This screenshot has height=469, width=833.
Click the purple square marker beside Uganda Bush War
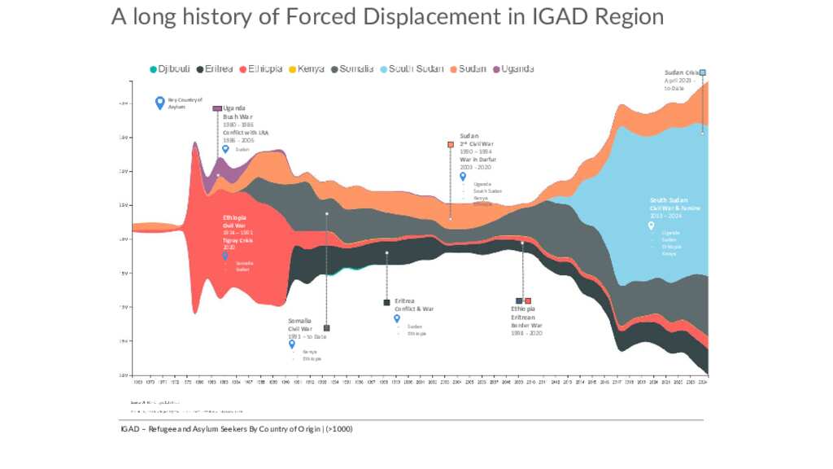(x=217, y=108)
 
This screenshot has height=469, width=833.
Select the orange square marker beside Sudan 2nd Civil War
(x=451, y=144)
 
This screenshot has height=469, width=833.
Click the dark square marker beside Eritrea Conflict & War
(x=386, y=303)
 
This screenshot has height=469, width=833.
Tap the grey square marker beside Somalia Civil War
(x=326, y=328)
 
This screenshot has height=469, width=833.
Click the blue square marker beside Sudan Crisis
(x=703, y=72)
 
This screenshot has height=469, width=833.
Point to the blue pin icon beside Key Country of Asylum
(x=159, y=103)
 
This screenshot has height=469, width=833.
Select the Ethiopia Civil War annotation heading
(x=235, y=221)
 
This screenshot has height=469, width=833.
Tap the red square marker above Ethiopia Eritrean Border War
(x=528, y=301)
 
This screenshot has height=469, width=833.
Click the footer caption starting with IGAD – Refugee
(x=236, y=429)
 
